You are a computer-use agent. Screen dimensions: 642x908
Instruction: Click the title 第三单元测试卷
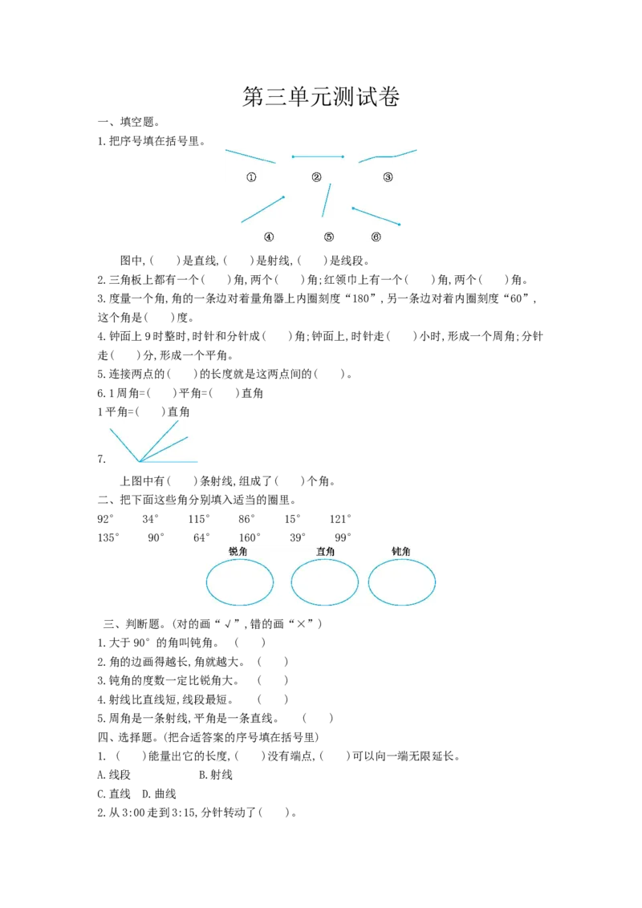[x=321, y=97]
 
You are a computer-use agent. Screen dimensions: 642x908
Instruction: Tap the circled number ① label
[x=251, y=177]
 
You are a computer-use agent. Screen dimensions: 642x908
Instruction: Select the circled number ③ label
[x=388, y=177]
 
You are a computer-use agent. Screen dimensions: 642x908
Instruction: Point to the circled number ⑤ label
[x=329, y=237]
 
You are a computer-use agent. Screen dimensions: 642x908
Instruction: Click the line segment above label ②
[x=318, y=157]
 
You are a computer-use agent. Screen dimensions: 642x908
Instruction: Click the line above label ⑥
[x=376, y=216]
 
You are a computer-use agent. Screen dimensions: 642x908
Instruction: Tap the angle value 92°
[x=105, y=519]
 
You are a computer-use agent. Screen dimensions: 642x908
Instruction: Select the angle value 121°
[x=341, y=519]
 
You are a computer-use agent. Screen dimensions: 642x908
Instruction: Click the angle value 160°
[x=250, y=537]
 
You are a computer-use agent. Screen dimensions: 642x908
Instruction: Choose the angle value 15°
[x=292, y=519]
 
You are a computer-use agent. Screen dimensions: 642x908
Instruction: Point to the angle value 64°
[x=201, y=537]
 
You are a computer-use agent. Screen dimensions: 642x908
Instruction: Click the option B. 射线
[x=216, y=775]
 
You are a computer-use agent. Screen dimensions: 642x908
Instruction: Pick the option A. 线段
[x=114, y=775]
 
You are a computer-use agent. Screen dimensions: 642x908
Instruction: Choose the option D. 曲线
[x=160, y=794]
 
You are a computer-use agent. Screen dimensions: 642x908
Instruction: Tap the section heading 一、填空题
[x=128, y=122]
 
